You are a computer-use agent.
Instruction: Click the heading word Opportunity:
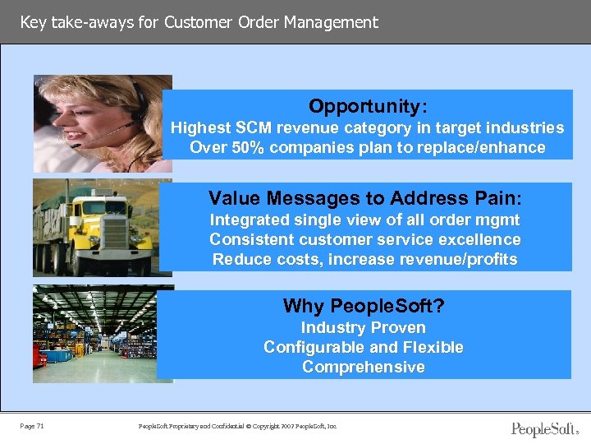pyautogui.click(x=367, y=106)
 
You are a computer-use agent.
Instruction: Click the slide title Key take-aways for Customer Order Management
pyautogui.click(x=199, y=22)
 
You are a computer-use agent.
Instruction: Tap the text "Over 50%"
pyautogui.click(x=218, y=148)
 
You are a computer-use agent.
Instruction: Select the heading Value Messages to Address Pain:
pyautogui.click(x=365, y=198)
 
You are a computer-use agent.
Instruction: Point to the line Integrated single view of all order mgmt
pyautogui.click(x=364, y=220)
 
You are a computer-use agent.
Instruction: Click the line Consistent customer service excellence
pyautogui.click(x=364, y=239)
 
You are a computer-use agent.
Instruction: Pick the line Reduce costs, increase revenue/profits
pyautogui.click(x=364, y=260)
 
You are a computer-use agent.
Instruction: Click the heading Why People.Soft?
pyautogui.click(x=364, y=307)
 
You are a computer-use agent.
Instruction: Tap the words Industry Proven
pyautogui.click(x=363, y=327)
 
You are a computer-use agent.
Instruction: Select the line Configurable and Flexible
pyautogui.click(x=363, y=347)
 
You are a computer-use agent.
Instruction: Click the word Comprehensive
pyautogui.click(x=363, y=367)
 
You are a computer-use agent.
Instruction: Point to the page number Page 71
pyautogui.click(x=33, y=426)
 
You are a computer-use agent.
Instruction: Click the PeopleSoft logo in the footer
pyautogui.click(x=543, y=428)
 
